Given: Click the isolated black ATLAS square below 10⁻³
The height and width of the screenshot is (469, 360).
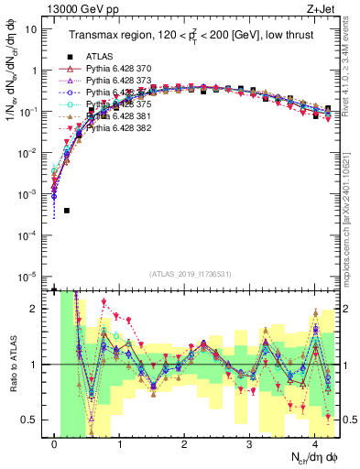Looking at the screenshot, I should pyautogui.click(x=67, y=211).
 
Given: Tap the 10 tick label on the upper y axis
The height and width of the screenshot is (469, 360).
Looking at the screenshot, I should pyautogui.click(x=30, y=29).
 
